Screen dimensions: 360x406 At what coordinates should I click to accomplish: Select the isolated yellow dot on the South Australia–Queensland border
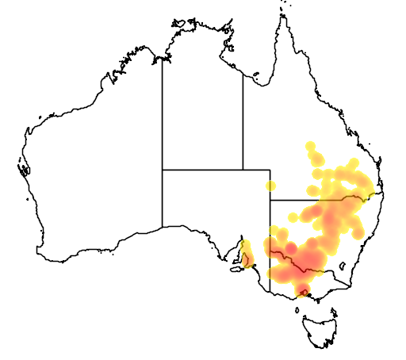click(x=270, y=186)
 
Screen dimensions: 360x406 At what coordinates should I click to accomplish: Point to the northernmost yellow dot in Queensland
click(x=310, y=147)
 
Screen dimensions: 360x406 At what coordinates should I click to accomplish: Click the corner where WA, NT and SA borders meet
click(x=163, y=170)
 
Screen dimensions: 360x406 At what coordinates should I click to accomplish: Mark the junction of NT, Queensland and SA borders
click(x=243, y=170)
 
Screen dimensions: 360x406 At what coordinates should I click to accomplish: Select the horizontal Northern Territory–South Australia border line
click(x=202, y=170)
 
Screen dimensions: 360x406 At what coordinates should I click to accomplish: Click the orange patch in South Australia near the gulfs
click(x=247, y=255)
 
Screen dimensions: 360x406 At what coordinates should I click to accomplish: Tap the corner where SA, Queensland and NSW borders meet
click(x=270, y=200)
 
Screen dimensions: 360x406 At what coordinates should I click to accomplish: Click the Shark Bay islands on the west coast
click(x=23, y=169)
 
